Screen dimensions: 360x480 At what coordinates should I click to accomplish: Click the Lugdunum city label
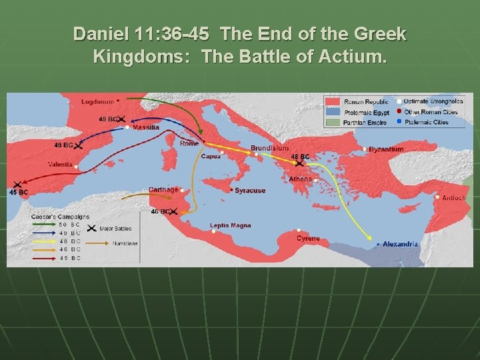[97, 101]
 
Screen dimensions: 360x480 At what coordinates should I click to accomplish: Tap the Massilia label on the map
[145, 127]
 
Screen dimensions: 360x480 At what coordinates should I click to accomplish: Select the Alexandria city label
[401, 244]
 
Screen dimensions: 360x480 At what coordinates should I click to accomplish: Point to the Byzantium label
[387, 149]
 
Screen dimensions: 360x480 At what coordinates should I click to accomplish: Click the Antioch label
[454, 197]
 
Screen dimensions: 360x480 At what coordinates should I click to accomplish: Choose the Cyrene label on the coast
[308, 238]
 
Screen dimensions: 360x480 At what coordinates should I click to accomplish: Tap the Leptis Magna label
[231, 225]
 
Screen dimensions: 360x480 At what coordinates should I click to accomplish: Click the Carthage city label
[163, 189]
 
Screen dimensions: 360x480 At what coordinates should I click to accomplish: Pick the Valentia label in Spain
[61, 164]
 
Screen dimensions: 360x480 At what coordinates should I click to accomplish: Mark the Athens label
[300, 179]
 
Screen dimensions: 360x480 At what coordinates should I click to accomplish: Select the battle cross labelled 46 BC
[173, 212]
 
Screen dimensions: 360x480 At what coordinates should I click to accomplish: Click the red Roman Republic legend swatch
[333, 102]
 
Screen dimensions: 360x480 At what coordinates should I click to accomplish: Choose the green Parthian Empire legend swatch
[333, 123]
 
